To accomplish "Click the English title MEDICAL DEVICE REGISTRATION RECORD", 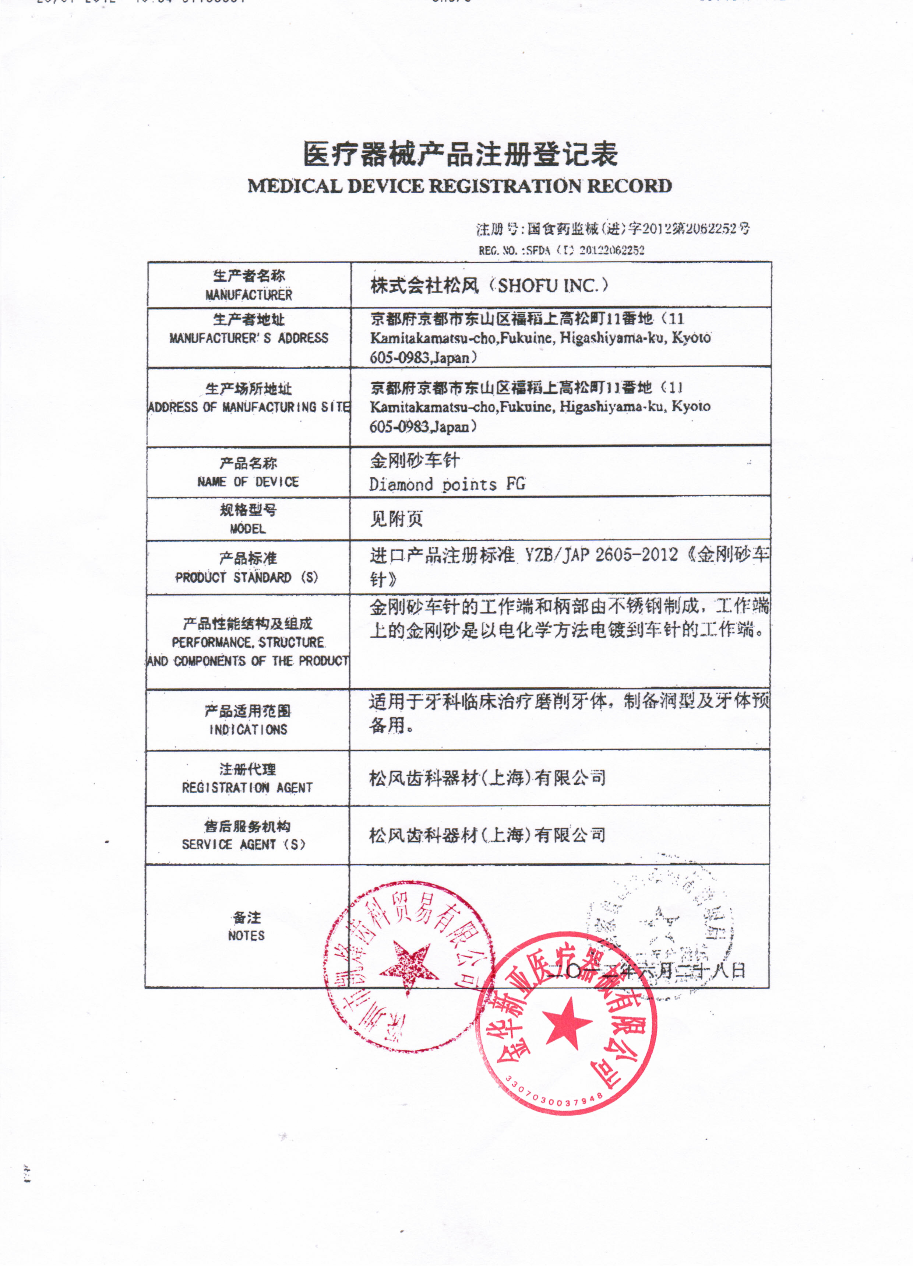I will [459, 186].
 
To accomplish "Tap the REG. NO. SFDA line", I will [561, 250].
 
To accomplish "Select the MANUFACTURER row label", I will [248, 295].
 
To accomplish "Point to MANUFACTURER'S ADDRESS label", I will [249, 338].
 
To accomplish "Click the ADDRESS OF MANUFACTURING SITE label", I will [249, 407].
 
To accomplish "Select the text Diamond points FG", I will [447, 484].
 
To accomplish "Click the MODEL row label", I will [248, 528].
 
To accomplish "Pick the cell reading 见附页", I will [396, 519].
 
